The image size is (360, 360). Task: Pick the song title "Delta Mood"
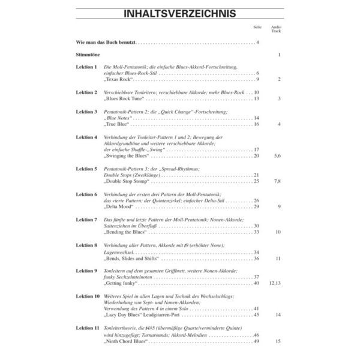[x=119, y=206]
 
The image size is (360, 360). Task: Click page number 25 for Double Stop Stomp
[x=256, y=181]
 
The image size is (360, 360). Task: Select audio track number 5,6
[x=277, y=155]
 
